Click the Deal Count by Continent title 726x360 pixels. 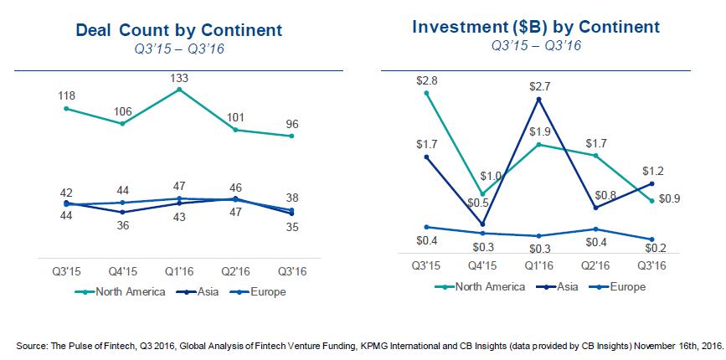click(x=178, y=30)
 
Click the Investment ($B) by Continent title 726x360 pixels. click(x=536, y=28)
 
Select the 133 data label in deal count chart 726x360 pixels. click(x=179, y=78)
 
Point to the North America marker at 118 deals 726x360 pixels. click(x=66, y=108)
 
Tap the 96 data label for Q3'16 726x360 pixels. click(x=291, y=125)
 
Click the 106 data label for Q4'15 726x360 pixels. click(x=123, y=111)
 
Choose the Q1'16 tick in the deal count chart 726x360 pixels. click(x=179, y=271)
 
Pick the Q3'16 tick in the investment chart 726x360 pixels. click(x=652, y=265)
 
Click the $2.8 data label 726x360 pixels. click(x=426, y=81)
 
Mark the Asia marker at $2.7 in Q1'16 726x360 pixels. click(x=539, y=99)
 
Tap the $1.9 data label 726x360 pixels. click(x=540, y=131)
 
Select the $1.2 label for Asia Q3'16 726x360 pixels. click(x=653, y=171)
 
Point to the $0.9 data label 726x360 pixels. click(x=670, y=199)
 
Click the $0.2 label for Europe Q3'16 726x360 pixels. click(x=655, y=248)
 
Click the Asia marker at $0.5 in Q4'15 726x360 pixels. click(x=483, y=224)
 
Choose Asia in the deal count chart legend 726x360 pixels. click(x=207, y=292)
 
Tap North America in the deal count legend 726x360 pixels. click(x=131, y=292)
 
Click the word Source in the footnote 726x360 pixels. click(x=29, y=346)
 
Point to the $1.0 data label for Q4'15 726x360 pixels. click(x=491, y=177)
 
